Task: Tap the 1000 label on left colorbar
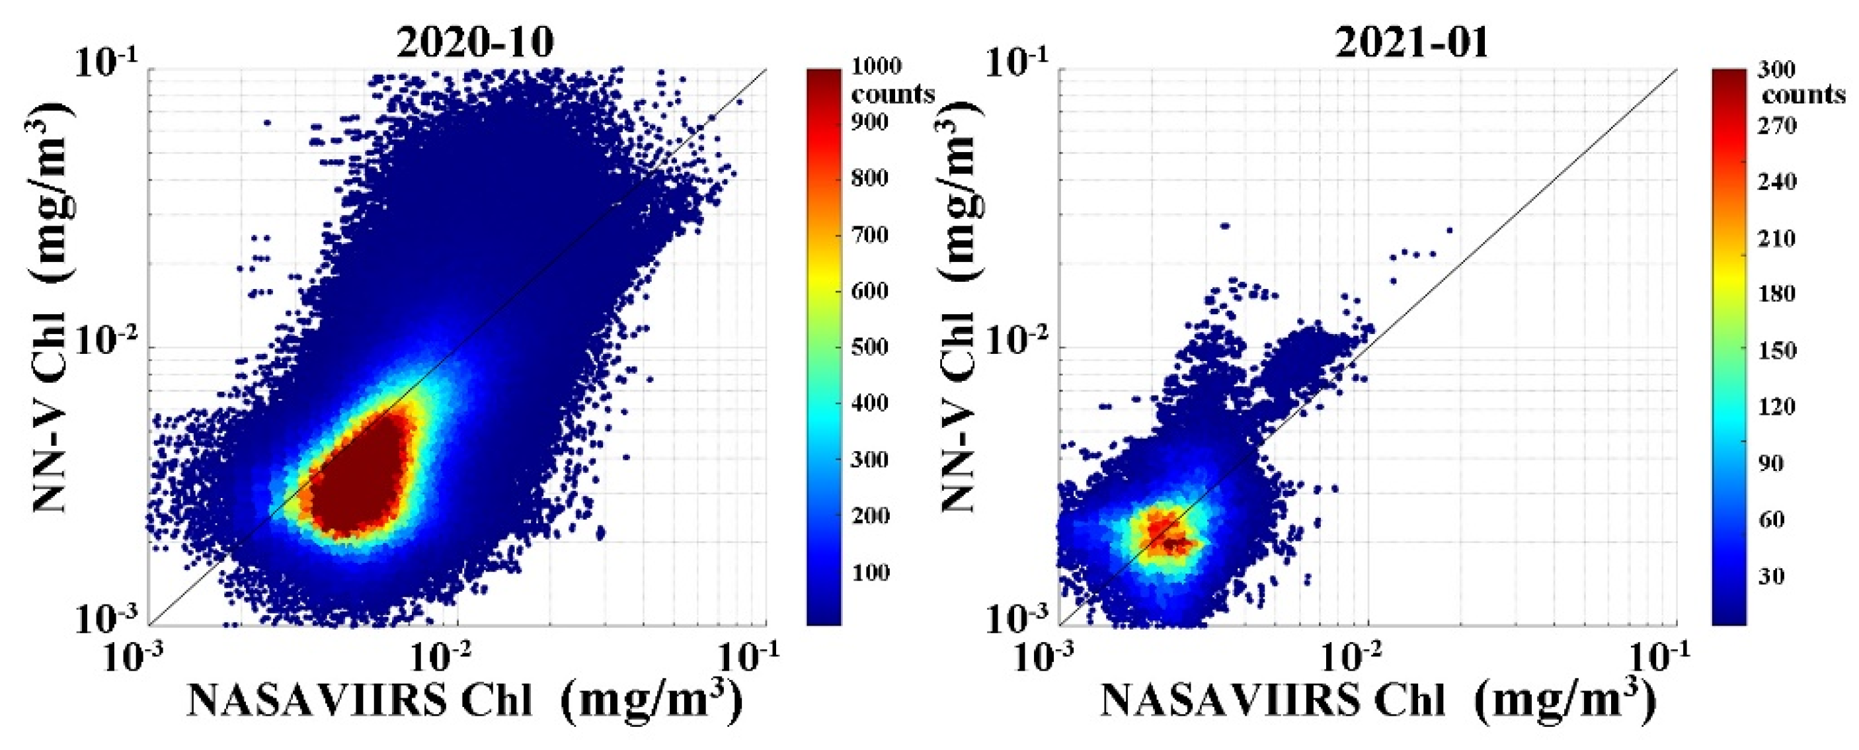pyautogui.click(x=876, y=66)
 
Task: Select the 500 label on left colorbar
pyautogui.click(x=869, y=347)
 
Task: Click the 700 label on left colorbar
pyautogui.click(x=869, y=235)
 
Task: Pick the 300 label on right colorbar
pyautogui.click(x=1775, y=70)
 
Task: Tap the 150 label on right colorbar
pyautogui.click(x=1775, y=351)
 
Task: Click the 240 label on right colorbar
pyautogui.click(x=1775, y=181)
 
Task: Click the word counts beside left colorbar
pyautogui.click(x=892, y=94)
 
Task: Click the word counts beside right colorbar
pyautogui.click(x=1803, y=95)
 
